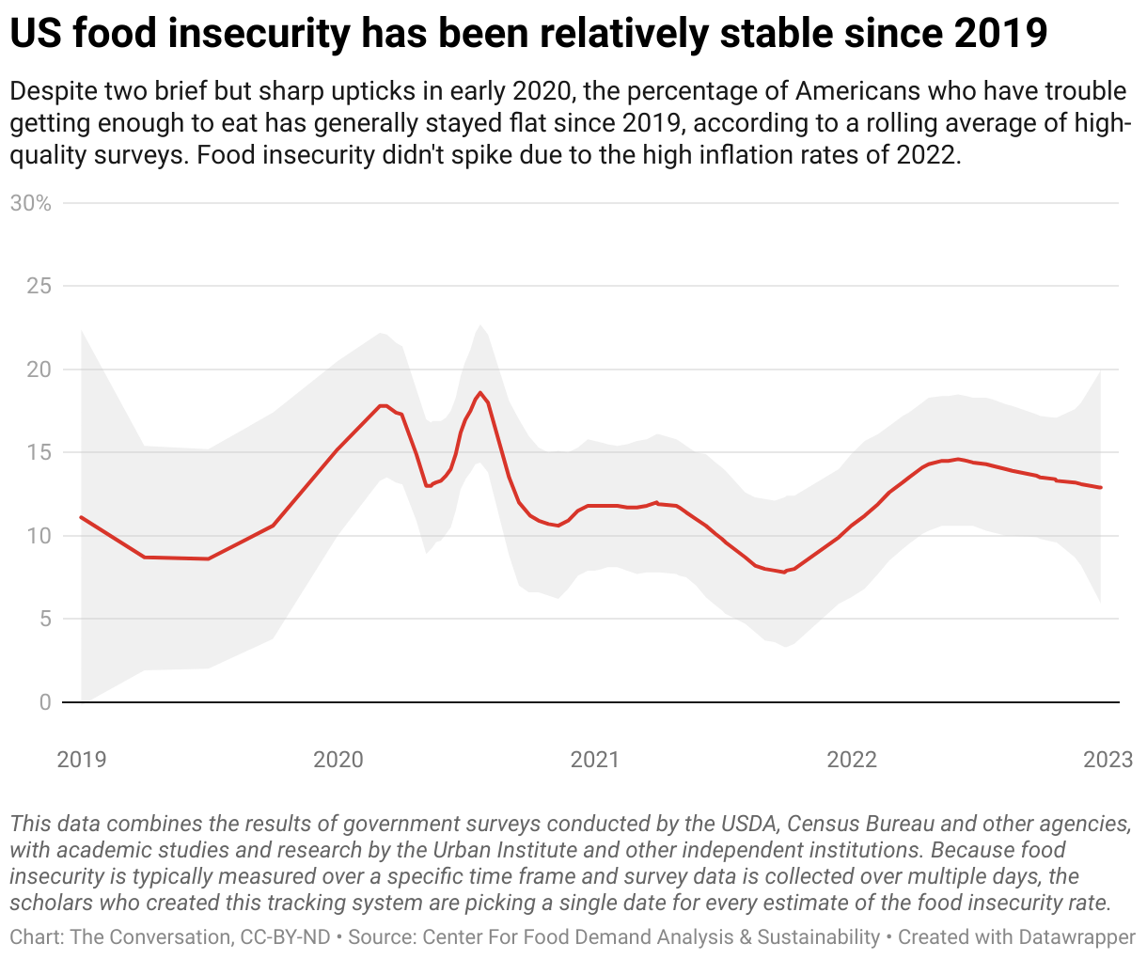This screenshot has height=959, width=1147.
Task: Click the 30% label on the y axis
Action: pos(30,203)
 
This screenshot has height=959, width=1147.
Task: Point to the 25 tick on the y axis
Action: pos(39,286)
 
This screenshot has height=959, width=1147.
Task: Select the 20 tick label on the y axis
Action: pos(39,369)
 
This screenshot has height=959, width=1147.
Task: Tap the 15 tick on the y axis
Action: pos(39,452)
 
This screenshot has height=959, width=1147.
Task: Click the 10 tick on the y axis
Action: pos(39,536)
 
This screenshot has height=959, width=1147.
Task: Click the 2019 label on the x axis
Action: pos(82,759)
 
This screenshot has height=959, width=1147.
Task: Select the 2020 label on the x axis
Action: pos(338,759)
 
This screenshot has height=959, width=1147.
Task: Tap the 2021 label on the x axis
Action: pos(594,759)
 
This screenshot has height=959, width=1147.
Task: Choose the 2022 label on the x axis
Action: pos(851,759)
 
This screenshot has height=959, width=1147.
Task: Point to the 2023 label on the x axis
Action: pos(1108,759)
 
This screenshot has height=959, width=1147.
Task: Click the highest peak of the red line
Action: pos(479,393)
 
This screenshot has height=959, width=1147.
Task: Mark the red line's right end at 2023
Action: pos(1100,487)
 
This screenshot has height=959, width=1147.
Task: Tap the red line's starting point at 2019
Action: pos(82,517)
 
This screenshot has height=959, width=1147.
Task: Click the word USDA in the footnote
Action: pos(747,825)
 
